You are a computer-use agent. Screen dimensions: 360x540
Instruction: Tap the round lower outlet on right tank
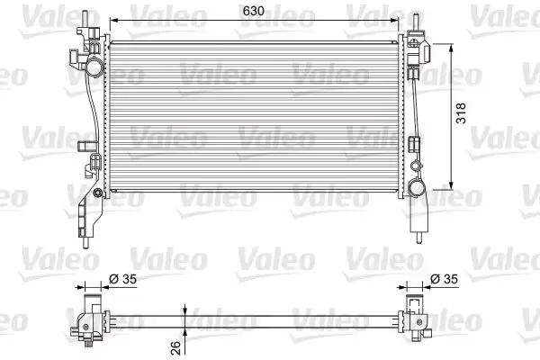pyautogui.click(x=416, y=188)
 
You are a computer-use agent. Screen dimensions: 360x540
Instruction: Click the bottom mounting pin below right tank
pyautogui.click(x=418, y=238)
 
